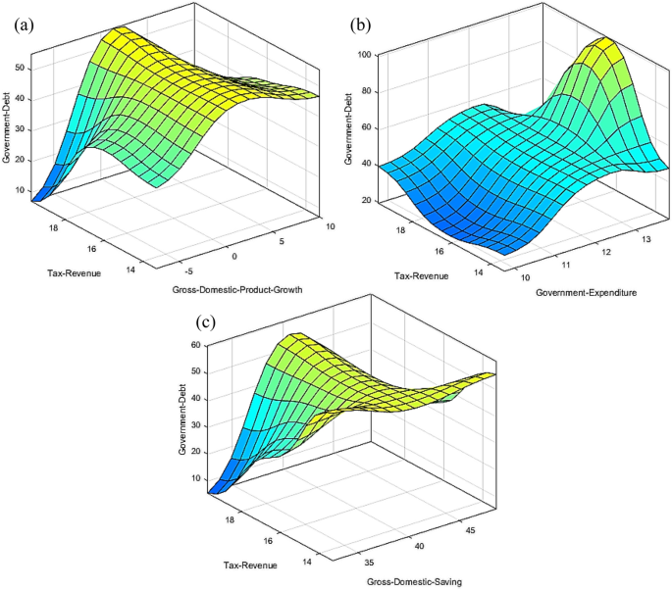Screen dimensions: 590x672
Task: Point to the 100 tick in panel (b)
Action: tap(363, 56)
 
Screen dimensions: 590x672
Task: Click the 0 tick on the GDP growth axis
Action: tap(235, 257)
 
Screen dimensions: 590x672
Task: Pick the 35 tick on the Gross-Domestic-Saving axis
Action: tap(368, 565)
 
